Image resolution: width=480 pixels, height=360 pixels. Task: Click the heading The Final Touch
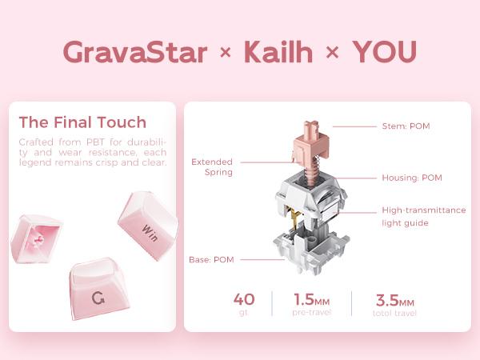[x=82, y=122]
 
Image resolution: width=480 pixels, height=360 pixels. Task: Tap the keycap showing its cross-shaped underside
[x=36, y=241]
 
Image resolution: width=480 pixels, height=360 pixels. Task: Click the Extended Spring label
[x=212, y=166]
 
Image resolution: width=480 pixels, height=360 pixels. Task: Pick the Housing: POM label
[x=411, y=178]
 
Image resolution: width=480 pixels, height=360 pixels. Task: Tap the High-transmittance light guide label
[x=423, y=216]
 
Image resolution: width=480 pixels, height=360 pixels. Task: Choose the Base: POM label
[x=212, y=259]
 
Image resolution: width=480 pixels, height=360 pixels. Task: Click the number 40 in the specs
[x=244, y=299]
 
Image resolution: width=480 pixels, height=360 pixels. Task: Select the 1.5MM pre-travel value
[x=311, y=300]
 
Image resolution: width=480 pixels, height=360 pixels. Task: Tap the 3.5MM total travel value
[x=394, y=300]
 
